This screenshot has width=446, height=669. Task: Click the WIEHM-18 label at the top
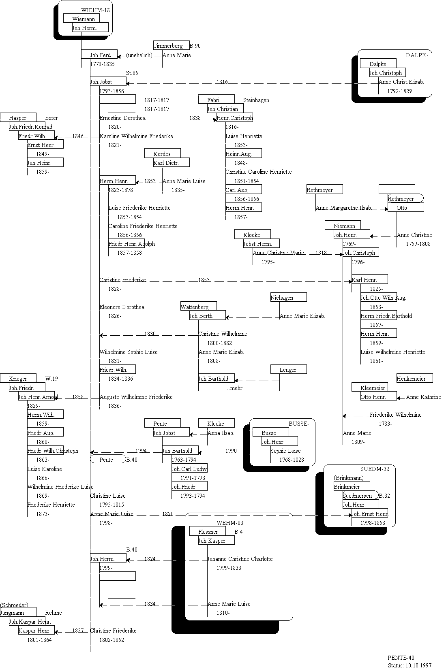coord(95,10)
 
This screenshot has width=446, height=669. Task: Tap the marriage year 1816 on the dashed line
coord(222,82)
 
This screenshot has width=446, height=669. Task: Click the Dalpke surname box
coord(377,64)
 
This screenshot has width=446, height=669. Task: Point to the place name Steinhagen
coord(256,100)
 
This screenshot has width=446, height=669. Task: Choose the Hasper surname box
coord(18,118)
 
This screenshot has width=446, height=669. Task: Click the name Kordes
coord(162,154)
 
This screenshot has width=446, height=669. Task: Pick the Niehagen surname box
coord(282,298)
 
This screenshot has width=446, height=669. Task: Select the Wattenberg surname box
coord(195,307)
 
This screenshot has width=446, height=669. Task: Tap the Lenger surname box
coord(288,370)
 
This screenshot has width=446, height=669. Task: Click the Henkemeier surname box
coord(411,379)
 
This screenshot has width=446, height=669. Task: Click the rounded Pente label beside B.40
coord(107,460)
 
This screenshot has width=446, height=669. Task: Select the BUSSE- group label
coord(299,424)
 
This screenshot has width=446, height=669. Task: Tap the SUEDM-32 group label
coord(375,469)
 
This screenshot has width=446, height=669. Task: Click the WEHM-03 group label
coord(230,523)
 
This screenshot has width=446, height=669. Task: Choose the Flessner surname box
coord(208,532)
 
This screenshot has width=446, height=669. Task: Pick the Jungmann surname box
coord(12,613)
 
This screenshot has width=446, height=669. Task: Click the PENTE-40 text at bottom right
coord(401,658)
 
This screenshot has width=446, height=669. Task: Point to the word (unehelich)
coord(139,55)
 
